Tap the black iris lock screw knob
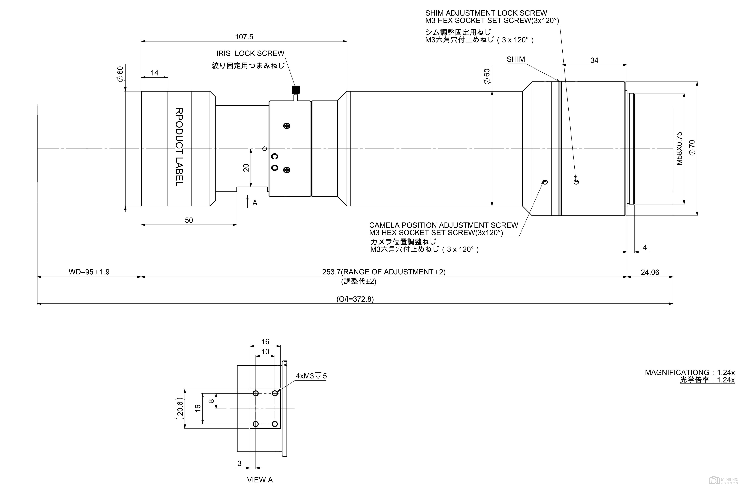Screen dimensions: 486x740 click(x=295, y=90)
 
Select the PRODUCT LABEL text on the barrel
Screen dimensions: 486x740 click(x=179, y=147)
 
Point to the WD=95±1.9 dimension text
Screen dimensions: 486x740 click(x=89, y=272)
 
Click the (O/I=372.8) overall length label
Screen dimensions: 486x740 click(x=355, y=299)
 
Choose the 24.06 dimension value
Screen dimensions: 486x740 click(x=650, y=272)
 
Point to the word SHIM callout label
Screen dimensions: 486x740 click(x=516, y=59)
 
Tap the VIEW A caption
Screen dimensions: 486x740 click(x=260, y=480)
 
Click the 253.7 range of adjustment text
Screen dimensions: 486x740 click(x=384, y=272)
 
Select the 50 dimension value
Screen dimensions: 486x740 click(x=189, y=220)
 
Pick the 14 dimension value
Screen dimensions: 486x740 click(x=155, y=73)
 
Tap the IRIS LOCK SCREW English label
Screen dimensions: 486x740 click(x=250, y=53)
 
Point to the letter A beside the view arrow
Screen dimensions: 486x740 click(x=255, y=203)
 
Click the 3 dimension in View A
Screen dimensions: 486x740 click(x=239, y=463)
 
